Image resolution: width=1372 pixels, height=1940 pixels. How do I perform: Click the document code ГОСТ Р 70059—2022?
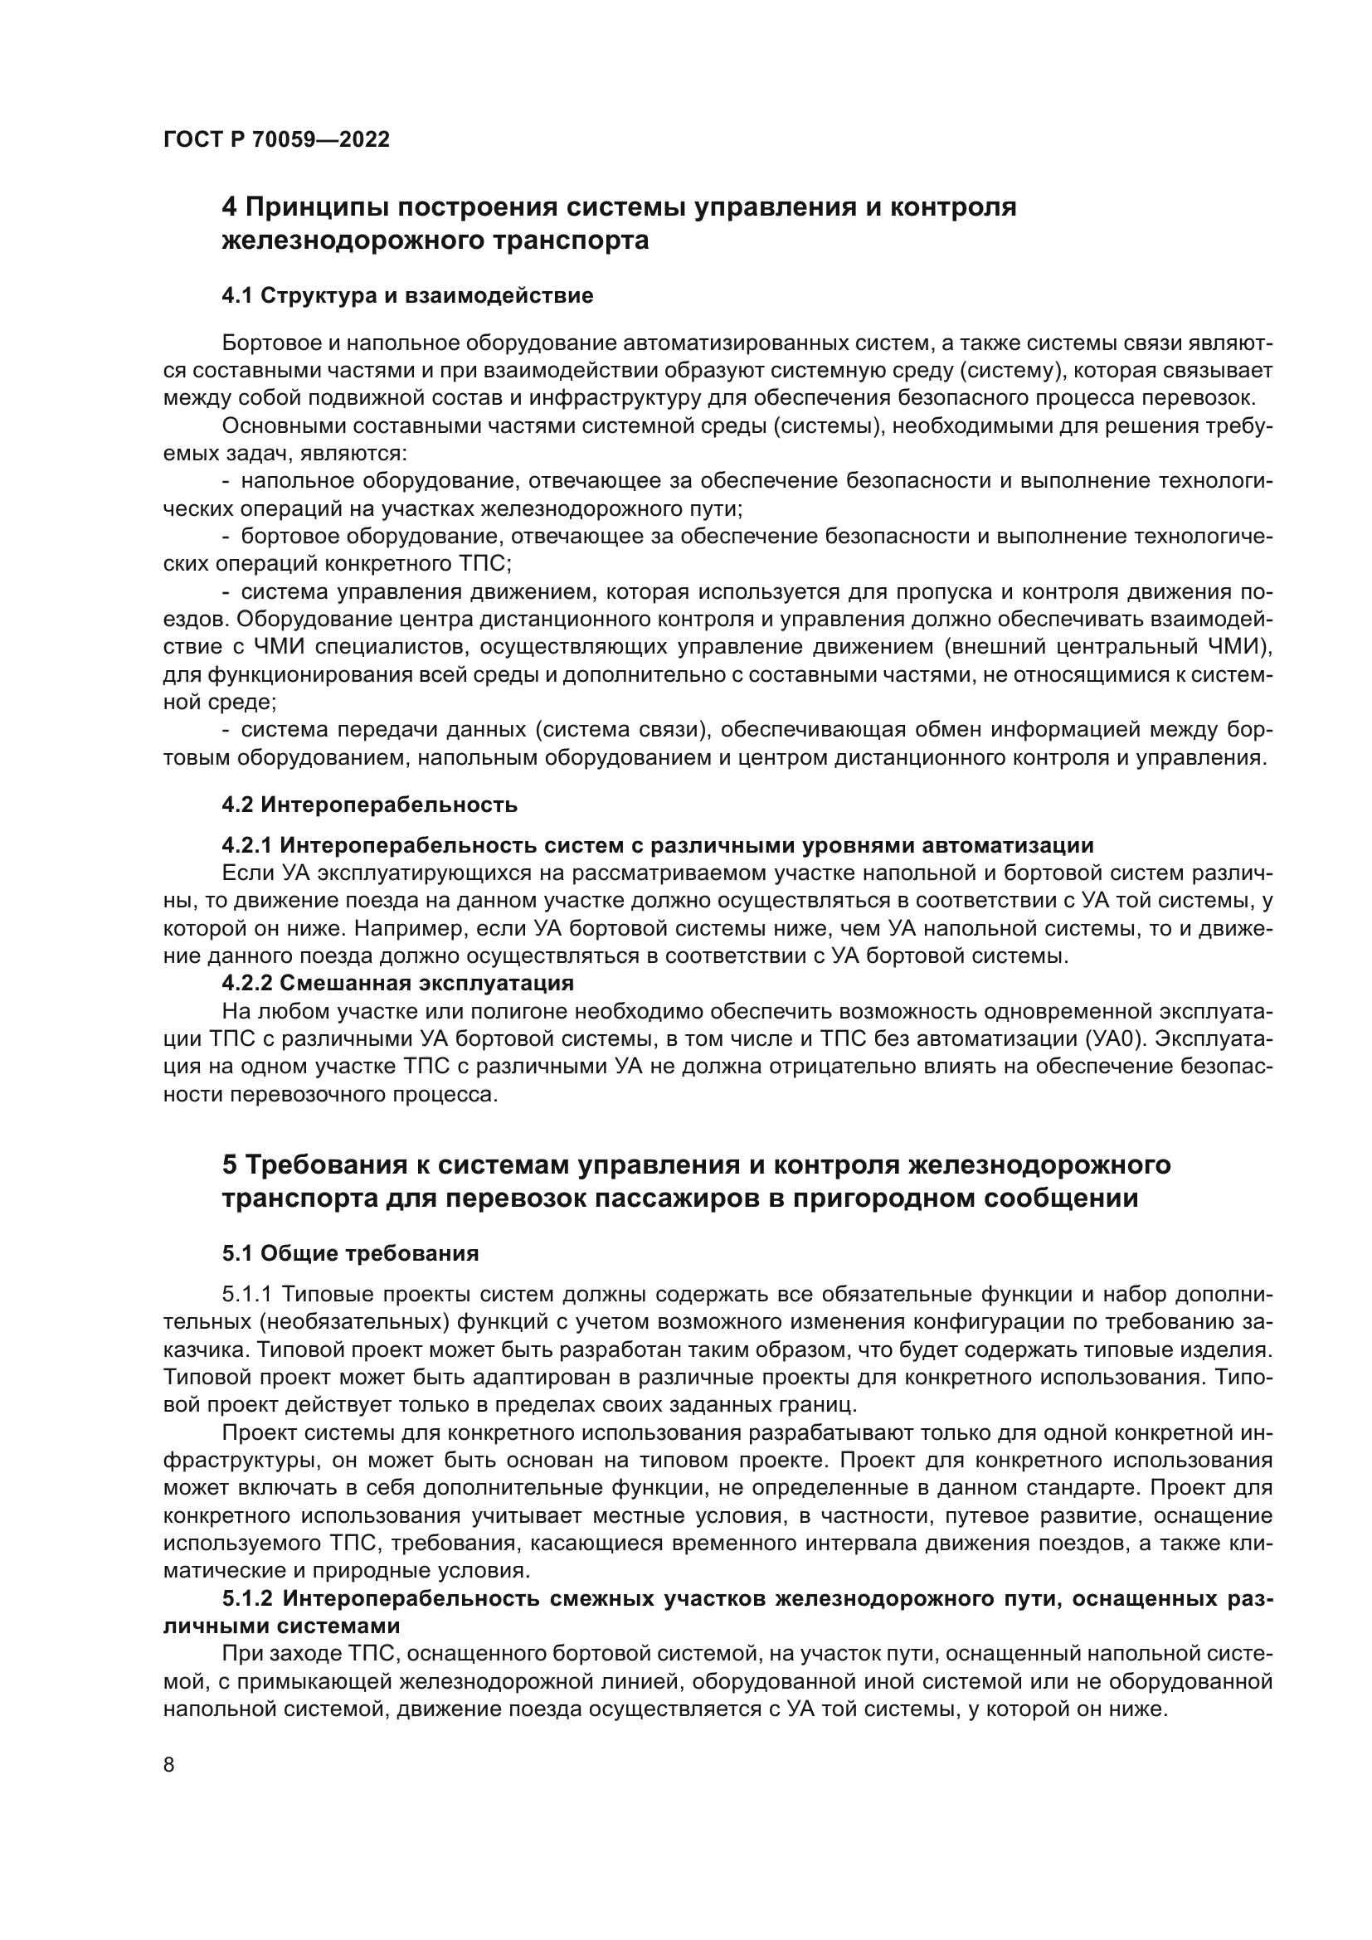point(276,139)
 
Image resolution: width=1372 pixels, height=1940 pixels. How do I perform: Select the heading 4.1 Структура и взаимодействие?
point(407,296)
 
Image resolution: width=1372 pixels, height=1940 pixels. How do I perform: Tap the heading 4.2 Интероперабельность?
point(369,805)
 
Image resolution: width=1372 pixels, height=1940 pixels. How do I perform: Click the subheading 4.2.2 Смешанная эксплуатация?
point(398,983)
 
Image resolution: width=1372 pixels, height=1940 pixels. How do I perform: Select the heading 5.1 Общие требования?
point(351,1253)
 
